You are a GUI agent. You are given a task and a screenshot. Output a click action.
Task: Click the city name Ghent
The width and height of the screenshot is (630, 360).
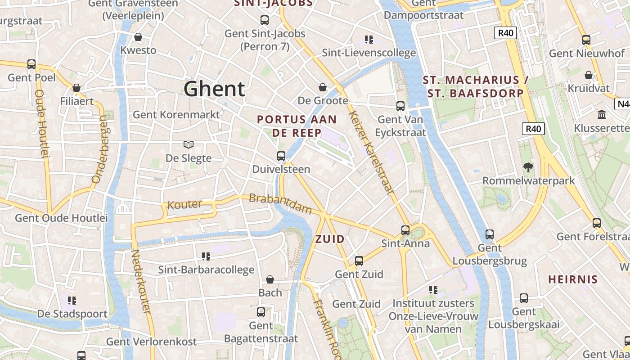click(x=214, y=89)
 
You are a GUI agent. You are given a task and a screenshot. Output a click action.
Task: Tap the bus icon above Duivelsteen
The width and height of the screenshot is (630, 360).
click(x=281, y=156)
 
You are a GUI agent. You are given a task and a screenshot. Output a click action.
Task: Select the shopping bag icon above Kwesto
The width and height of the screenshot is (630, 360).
click(x=138, y=37)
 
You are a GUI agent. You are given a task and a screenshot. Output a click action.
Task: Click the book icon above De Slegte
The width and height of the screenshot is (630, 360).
click(x=189, y=144)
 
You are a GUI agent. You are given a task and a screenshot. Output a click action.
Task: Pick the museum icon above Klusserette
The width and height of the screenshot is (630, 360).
click(x=602, y=115)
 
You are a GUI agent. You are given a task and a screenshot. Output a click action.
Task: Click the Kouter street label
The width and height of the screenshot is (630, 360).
click(x=184, y=205)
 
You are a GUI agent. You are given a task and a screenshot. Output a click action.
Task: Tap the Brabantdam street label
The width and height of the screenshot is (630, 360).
click(x=280, y=204)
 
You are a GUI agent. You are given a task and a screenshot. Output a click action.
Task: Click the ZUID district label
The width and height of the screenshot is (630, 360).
click(x=330, y=239)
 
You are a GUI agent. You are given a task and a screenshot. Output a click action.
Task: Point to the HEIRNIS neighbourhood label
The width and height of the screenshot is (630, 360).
click(x=573, y=279)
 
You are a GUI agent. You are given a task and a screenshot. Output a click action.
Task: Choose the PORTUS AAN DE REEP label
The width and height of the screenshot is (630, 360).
click(x=297, y=126)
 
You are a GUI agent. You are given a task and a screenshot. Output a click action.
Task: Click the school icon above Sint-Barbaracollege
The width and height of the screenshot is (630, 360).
click(x=206, y=256)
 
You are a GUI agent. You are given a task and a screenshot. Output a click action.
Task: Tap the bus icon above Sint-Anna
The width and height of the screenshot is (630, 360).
click(x=405, y=230)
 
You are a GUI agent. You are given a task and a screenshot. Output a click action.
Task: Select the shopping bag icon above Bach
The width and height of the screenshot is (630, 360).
click(x=270, y=279)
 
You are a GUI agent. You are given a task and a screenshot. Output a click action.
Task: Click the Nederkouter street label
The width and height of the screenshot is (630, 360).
click(x=140, y=282)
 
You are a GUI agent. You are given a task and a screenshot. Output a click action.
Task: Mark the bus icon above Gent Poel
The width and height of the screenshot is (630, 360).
click(x=31, y=64)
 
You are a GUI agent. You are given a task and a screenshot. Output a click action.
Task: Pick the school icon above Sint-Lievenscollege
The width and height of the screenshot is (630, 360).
click(x=369, y=40)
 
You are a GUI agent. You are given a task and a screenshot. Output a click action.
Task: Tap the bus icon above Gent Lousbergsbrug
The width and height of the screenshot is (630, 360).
click(x=490, y=234)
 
